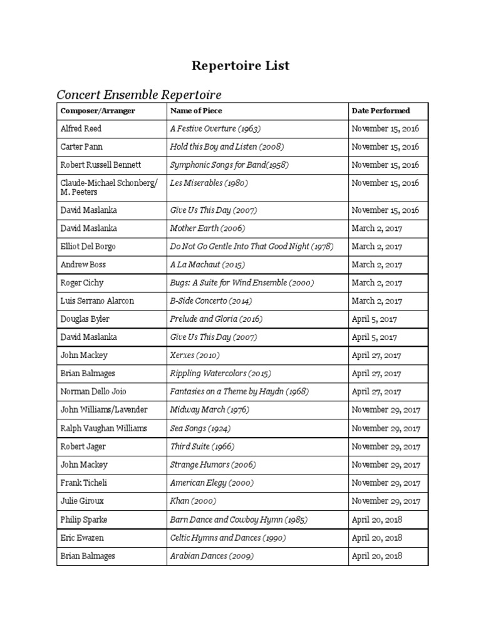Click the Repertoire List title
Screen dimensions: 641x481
tap(240, 66)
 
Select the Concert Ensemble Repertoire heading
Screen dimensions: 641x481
tap(139, 95)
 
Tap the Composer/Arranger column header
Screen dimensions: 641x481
tap(98, 111)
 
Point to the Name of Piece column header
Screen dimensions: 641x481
tap(196, 111)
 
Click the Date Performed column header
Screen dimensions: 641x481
tap(381, 111)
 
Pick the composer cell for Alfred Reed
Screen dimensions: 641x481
tap(81, 129)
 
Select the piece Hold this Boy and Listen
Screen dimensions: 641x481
tap(227, 147)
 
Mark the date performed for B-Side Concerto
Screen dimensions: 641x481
tap(377, 301)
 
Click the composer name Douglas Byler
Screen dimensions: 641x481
tap(85, 319)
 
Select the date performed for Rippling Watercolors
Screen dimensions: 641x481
tap(376, 374)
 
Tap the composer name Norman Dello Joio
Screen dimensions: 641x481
tap(94, 392)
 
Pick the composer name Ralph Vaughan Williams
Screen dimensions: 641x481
tap(103, 428)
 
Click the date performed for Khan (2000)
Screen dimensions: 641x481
tap(386, 501)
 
